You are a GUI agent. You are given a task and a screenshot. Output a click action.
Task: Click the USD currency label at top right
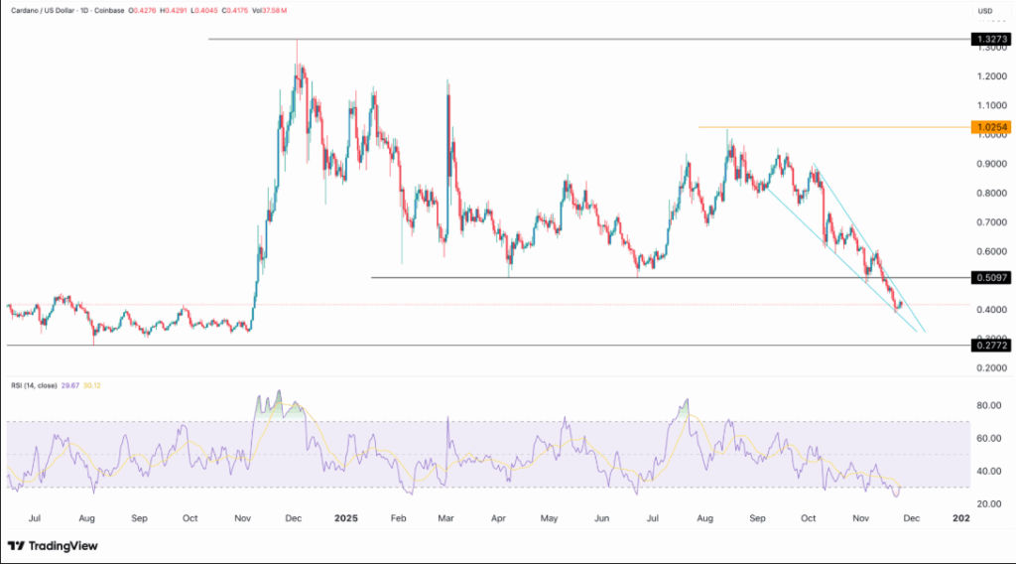click(985, 11)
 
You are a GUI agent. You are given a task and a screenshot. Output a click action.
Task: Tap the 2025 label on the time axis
click(346, 517)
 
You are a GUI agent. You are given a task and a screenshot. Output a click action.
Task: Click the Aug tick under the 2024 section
click(86, 517)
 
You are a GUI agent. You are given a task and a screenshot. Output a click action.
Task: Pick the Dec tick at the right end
click(912, 517)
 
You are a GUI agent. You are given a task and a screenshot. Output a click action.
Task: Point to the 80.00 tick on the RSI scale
click(986, 405)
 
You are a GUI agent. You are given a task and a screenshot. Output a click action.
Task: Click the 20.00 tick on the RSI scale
click(986, 503)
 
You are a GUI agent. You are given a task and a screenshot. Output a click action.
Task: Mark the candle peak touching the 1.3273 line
click(297, 41)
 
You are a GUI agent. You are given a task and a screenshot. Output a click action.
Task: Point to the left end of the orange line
click(698, 127)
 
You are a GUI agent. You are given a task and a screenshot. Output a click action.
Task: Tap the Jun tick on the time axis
click(602, 517)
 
